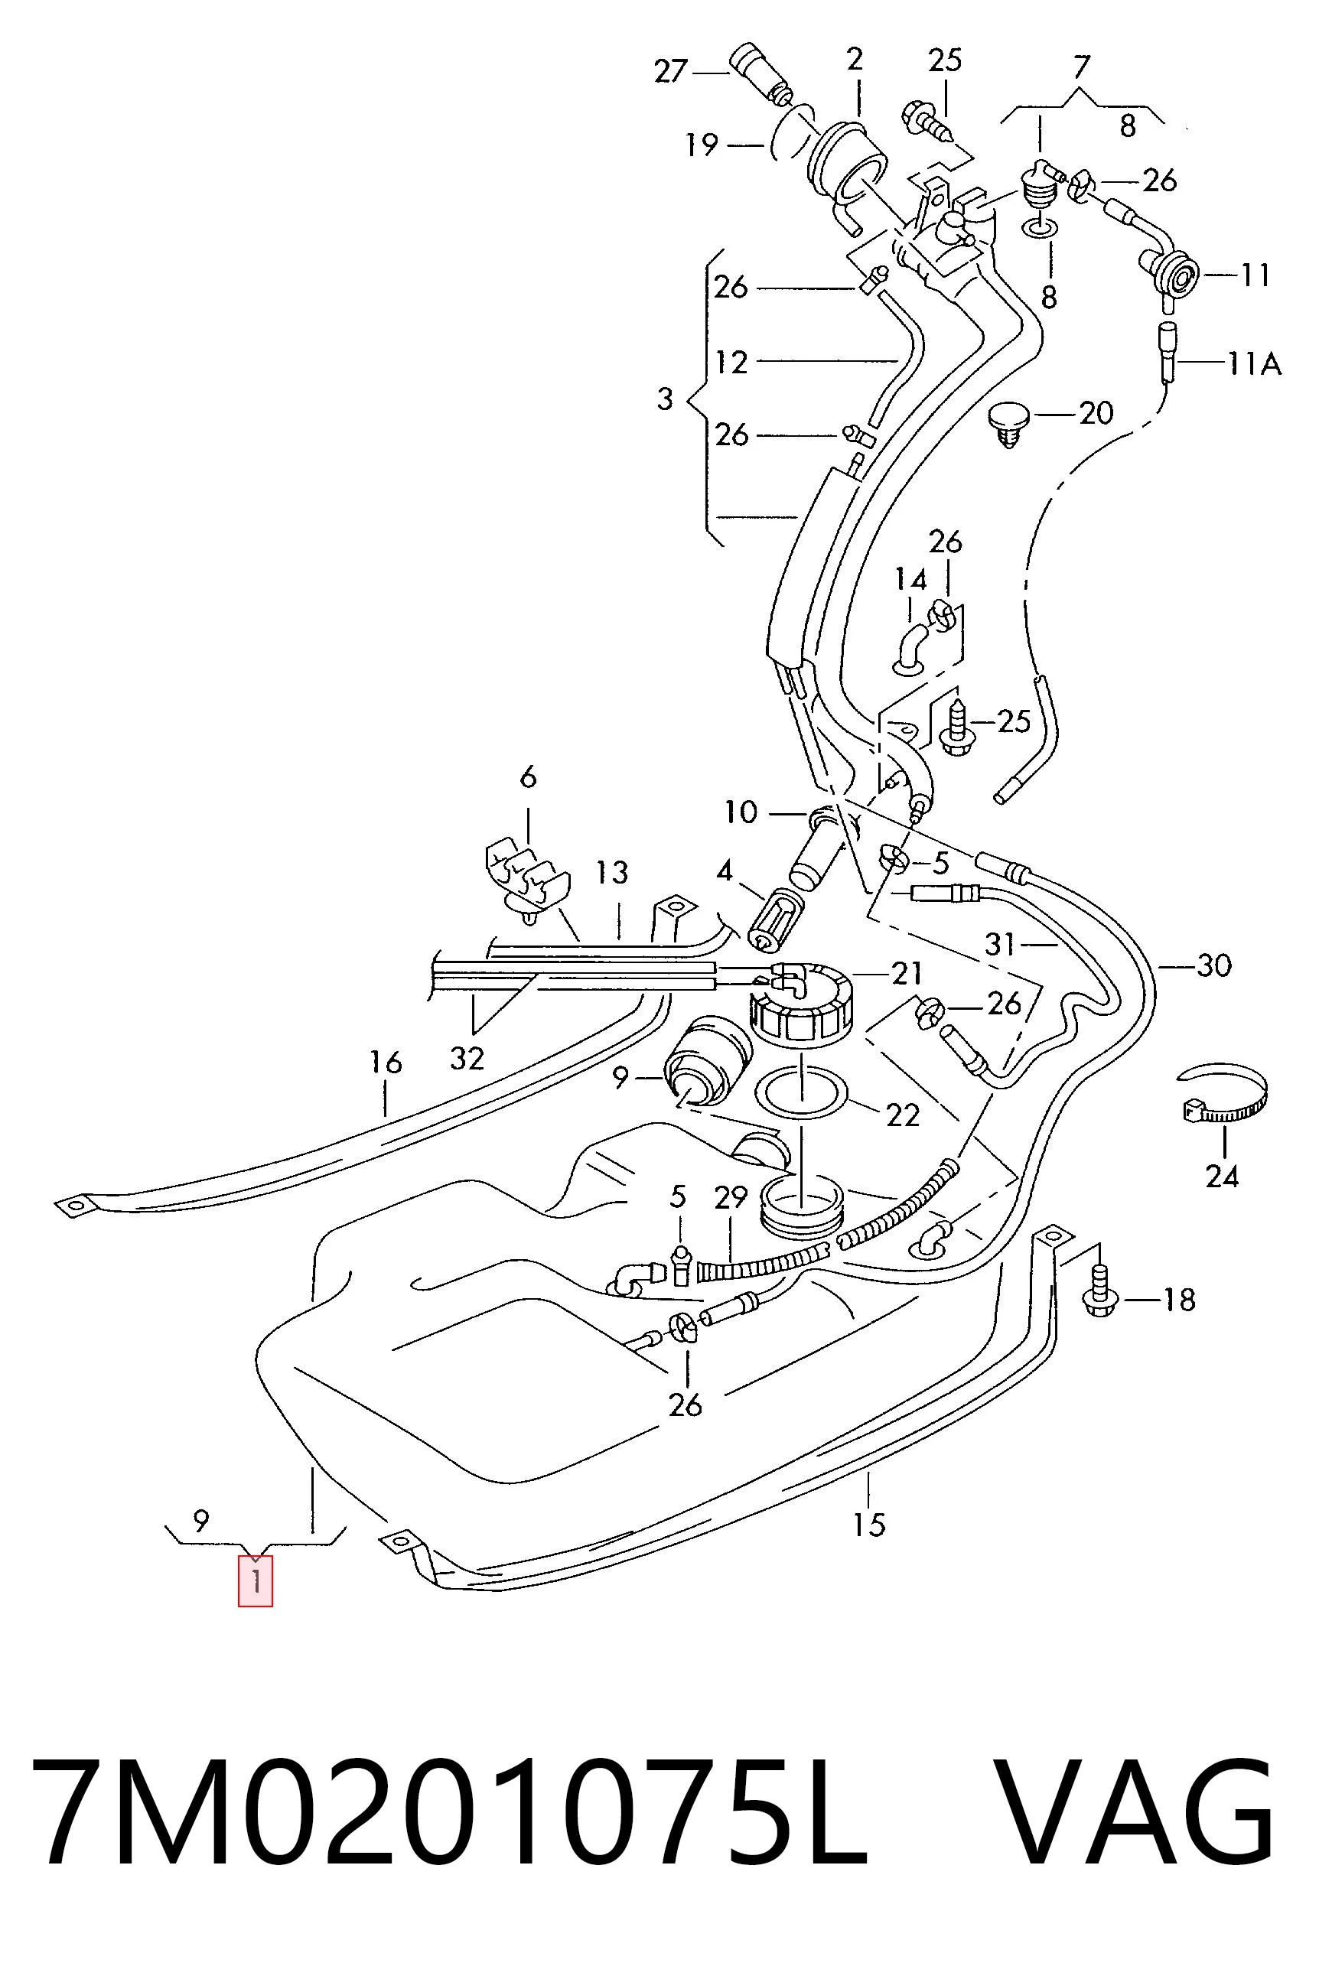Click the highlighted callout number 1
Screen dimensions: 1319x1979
tap(255, 1580)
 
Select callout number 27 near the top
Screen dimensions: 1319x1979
tap(671, 73)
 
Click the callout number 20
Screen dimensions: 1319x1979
tap(1096, 413)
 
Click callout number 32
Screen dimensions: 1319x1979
tap(467, 1058)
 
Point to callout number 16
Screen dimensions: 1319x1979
tap(386, 1063)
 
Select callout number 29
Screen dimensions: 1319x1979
tap(730, 1198)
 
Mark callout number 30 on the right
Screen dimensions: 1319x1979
tap(1214, 965)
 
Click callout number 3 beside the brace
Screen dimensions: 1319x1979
tap(666, 399)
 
